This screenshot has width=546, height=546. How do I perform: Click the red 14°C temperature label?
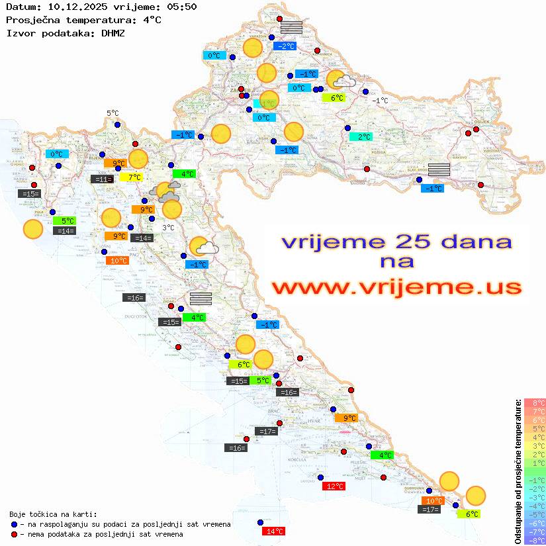coord(274,531)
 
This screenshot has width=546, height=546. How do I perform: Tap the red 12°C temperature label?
coord(334,486)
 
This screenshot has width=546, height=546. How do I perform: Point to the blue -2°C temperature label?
coord(285,46)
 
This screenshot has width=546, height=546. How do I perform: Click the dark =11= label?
coord(102,179)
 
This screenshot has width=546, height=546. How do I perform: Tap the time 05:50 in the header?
coord(181,7)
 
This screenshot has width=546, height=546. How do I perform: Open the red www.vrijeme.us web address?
coord(396,287)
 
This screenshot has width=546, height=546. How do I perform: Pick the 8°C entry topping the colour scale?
coord(535,403)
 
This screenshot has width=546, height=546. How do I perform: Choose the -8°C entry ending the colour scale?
coord(535,540)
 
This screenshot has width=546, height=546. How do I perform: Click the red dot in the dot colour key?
coord(15,534)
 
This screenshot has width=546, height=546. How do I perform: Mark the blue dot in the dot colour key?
coord(15,524)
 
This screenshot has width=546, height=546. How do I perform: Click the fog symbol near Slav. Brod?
coord(439,169)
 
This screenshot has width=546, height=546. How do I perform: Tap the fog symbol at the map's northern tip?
coord(291,27)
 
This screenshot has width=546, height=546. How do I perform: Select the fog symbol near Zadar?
coord(201,298)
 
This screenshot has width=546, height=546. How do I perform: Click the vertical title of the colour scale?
coord(518,471)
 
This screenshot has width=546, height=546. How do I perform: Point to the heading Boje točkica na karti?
coord(53,514)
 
